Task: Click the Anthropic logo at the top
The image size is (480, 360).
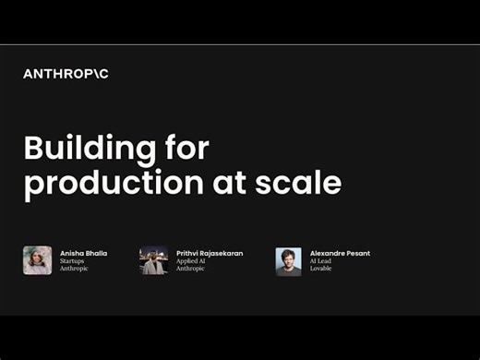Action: click(66, 74)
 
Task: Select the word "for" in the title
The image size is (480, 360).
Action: click(181, 149)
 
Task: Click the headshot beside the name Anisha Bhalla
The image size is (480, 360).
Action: click(37, 260)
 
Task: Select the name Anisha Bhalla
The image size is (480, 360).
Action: click(83, 252)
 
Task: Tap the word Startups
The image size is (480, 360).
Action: click(74, 260)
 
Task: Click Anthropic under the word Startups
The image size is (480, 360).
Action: click(76, 269)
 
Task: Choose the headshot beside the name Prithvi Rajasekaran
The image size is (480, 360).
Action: click(153, 260)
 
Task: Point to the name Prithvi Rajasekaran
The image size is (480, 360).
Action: click(210, 252)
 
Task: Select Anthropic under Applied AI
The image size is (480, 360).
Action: click(192, 269)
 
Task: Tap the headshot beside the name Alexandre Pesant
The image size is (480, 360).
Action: click(288, 261)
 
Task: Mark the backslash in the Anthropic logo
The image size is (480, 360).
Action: click(94, 74)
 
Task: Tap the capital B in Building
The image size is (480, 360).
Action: click(32, 149)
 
